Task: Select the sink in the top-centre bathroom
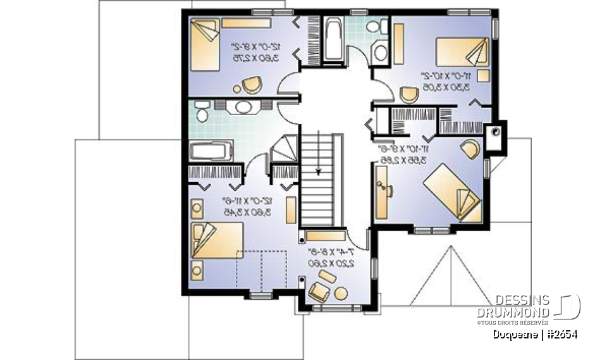click(380, 53)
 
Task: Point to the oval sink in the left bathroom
click(244, 107)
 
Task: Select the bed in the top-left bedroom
click(204, 46)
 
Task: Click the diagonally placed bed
click(451, 190)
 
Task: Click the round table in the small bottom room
click(341, 293)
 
